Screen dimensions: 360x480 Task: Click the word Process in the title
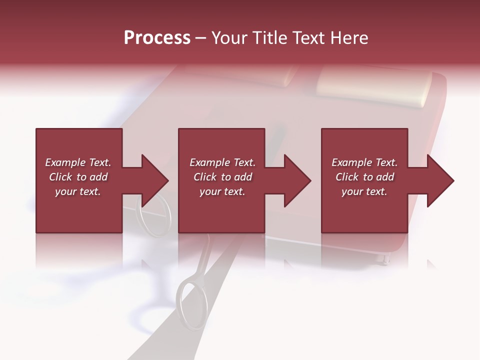157,38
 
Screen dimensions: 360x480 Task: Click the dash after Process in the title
201,38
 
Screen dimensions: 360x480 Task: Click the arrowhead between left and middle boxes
152,180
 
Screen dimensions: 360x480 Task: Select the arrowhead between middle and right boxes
295,180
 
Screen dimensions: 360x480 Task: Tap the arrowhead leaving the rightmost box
438,180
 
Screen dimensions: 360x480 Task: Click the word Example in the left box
65,162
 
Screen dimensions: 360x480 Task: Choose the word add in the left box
98,177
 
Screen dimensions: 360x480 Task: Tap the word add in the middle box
243,177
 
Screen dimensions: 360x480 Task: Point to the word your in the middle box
210,191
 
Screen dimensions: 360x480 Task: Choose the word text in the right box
376,191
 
